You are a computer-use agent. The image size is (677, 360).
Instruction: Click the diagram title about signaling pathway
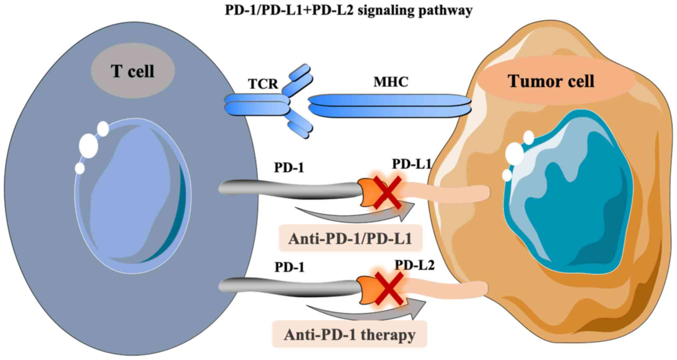click(348, 10)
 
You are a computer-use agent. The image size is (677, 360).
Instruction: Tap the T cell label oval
click(133, 72)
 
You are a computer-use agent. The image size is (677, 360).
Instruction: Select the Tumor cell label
click(551, 81)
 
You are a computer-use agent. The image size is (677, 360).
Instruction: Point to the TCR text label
click(263, 84)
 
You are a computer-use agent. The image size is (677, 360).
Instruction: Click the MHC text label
click(391, 82)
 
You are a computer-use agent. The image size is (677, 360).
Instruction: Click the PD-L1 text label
click(411, 164)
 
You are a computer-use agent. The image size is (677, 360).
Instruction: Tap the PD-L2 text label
click(414, 265)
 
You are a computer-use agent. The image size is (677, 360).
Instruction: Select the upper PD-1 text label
click(289, 168)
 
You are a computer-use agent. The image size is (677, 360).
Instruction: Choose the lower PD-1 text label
click(289, 267)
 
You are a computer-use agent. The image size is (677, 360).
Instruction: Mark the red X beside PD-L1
click(387, 193)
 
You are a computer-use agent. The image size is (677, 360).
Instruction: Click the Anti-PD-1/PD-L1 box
click(350, 239)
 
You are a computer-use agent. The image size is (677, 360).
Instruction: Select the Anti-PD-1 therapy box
click(349, 334)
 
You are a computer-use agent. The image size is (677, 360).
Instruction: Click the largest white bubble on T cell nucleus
click(88, 146)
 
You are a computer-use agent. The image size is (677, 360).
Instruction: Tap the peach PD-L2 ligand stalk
click(447, 288)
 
